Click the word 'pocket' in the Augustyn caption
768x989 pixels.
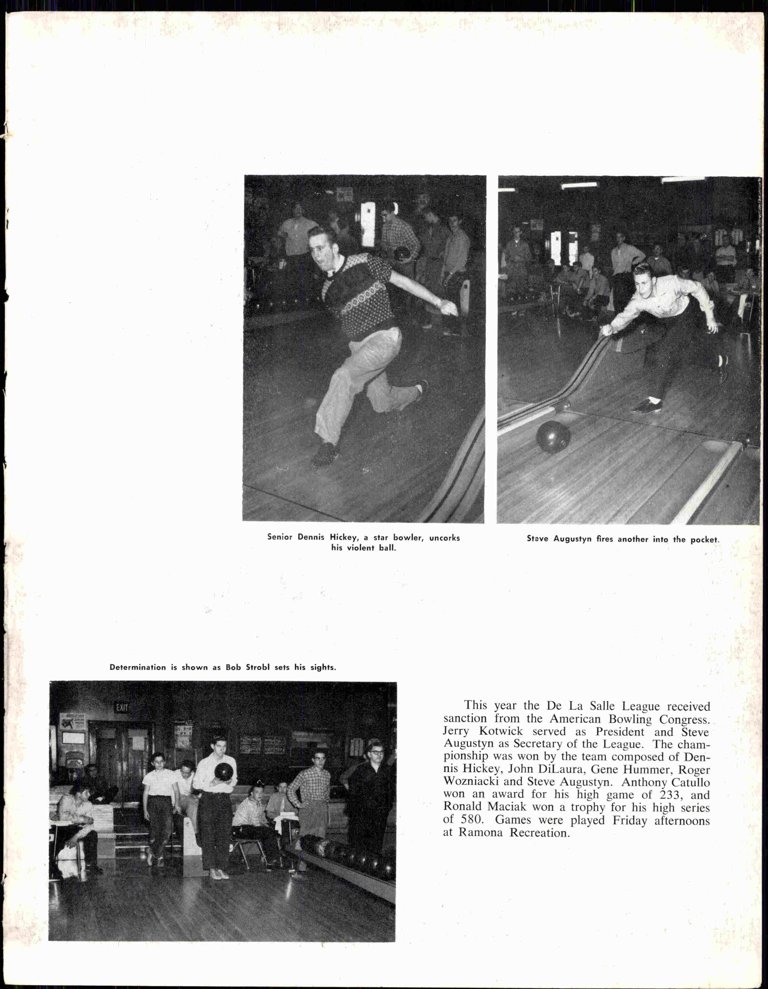[x=704, y=540]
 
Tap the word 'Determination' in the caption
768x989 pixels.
[x=138, y=667]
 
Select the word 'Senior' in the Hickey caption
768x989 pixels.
[x=280, y=537]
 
